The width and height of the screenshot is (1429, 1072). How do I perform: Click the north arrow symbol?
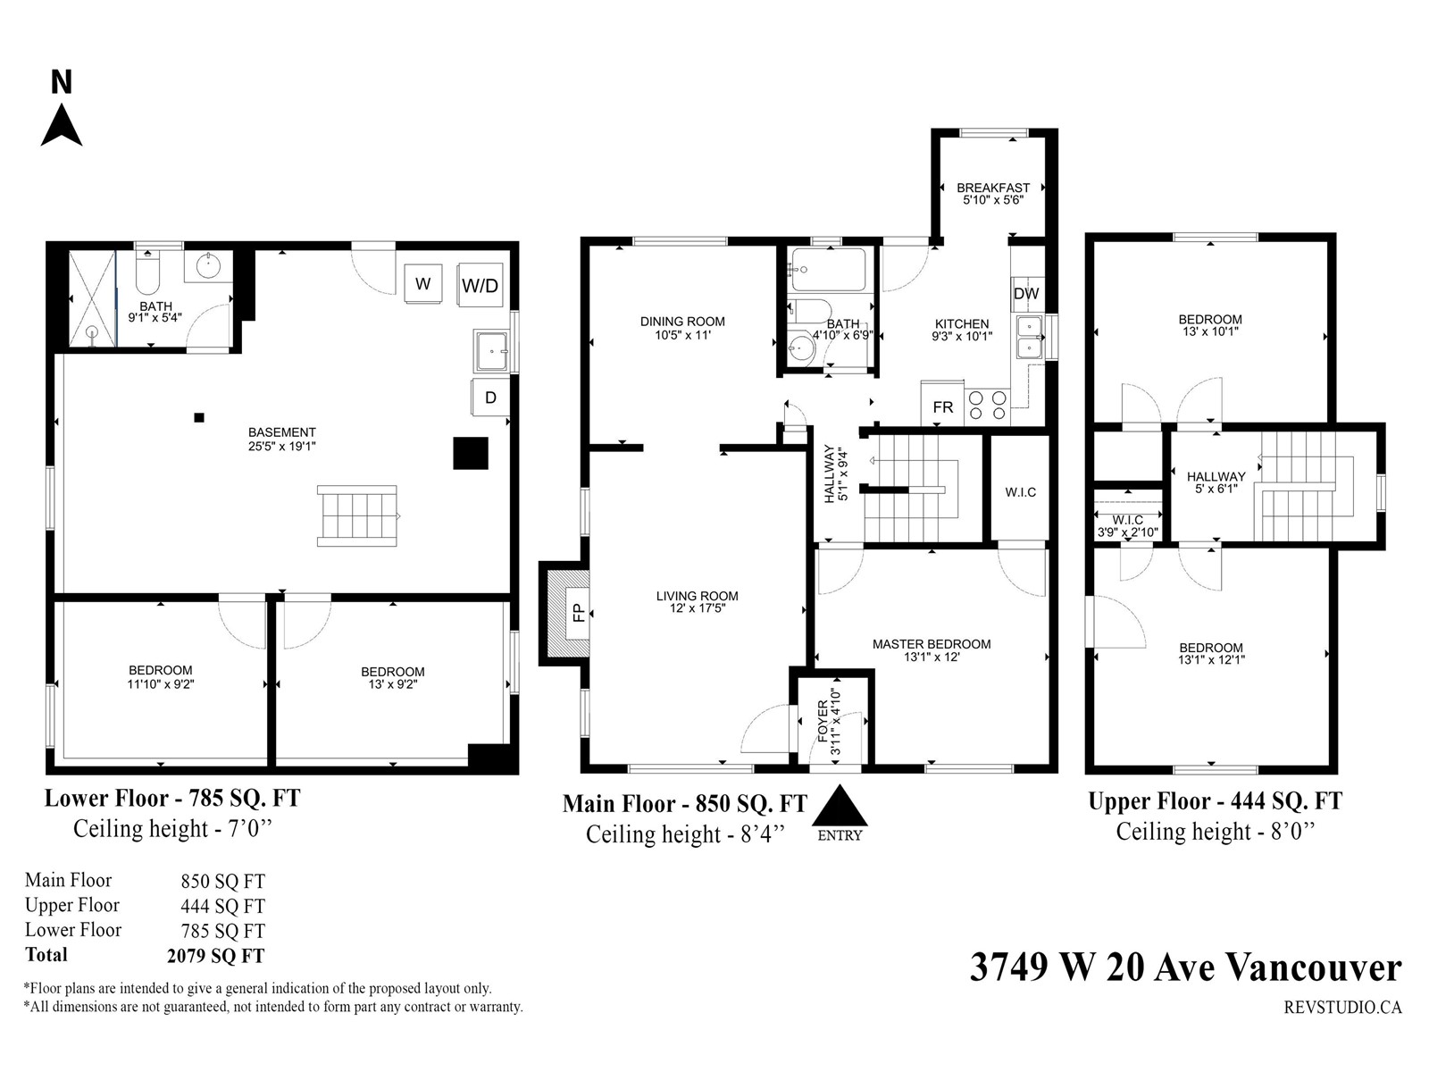(x=62, y=125)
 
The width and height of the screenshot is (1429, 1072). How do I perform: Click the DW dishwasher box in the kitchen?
(x=1026, y=294)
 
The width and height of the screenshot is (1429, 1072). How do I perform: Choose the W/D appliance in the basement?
(x=480, y=285)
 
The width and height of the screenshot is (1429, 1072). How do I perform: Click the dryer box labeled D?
(x=490, y=397)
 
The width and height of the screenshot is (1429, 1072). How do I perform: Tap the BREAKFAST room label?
(x=993, y=188)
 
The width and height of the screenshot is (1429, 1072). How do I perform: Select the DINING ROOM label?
(x=682, y=322)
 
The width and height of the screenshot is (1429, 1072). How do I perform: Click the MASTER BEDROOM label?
(x=932, y=644)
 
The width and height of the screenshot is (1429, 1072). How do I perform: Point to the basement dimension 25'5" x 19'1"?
(x=282, y=447)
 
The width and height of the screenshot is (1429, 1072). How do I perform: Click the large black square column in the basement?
(x=471, y=453)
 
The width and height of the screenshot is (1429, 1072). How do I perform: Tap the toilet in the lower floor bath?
(x=147, y=273)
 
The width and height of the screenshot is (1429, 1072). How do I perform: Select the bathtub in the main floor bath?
(x=829, y=270)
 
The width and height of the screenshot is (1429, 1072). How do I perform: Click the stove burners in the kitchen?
(x=987, y=405)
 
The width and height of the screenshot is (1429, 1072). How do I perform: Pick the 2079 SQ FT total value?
(x=215, y=956)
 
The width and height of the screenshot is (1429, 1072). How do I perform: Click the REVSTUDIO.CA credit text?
(x=1342, y=1007)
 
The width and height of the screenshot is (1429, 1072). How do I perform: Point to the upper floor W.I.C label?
(x=1128, y=521)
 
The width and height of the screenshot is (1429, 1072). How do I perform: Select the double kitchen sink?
(x=1030, y=336)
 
